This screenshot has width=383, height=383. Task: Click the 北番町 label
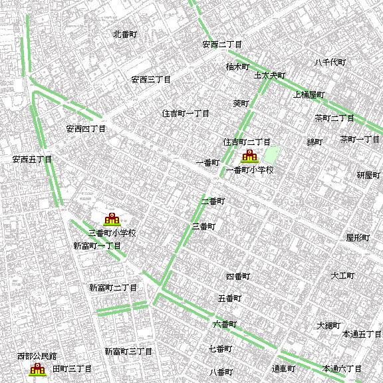(x=125, y=34)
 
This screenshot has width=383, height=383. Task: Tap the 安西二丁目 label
(x=222, y=45)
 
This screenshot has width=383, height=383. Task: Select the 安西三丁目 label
(x=151, y=80)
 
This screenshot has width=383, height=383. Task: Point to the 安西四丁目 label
(x=86, y=128)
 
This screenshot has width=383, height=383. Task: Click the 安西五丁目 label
(x=32, y=160)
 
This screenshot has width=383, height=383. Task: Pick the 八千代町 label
(x=330, y=63)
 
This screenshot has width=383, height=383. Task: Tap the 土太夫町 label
(x=269, y=76)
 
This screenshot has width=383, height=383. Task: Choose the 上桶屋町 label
(x=309, y=94)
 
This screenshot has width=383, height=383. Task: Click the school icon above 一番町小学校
(x=249, y=157)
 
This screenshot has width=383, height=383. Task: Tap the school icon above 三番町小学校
(x=112, y=219)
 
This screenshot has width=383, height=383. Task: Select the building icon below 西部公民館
(x=37, y=368)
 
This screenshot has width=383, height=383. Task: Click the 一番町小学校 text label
(x=250, y=170)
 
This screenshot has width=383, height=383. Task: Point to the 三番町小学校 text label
(x=112, y=233)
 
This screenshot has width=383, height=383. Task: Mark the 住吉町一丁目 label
(x=186, y=114)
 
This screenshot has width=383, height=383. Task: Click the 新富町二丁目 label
(x=113, y=288)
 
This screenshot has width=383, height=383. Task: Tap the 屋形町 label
(x=357, y=237)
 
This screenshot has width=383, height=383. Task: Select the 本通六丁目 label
(x=342, y=368)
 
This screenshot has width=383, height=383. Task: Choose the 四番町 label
(x=237, y=276)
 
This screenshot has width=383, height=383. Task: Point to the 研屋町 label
(x=368, y=176)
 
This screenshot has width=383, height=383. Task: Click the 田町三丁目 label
(x=72, y=368)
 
